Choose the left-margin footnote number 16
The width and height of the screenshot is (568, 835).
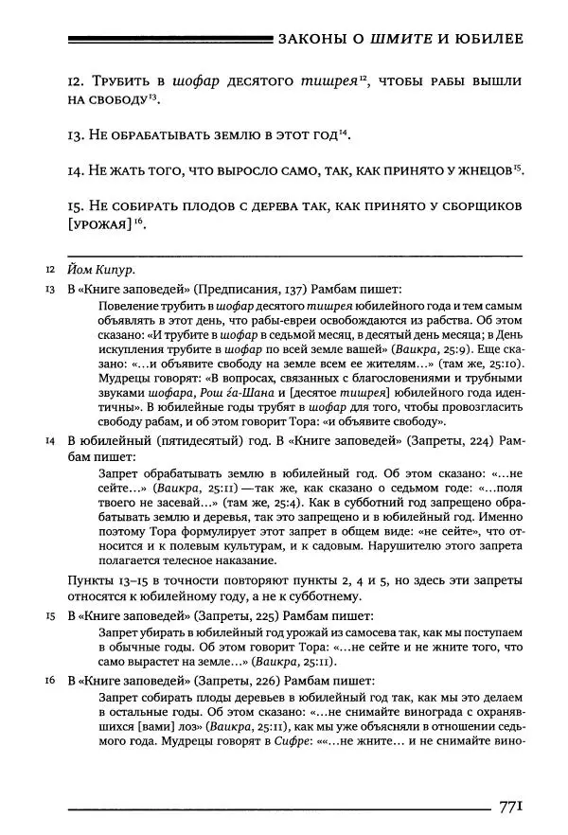(49, 679)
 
